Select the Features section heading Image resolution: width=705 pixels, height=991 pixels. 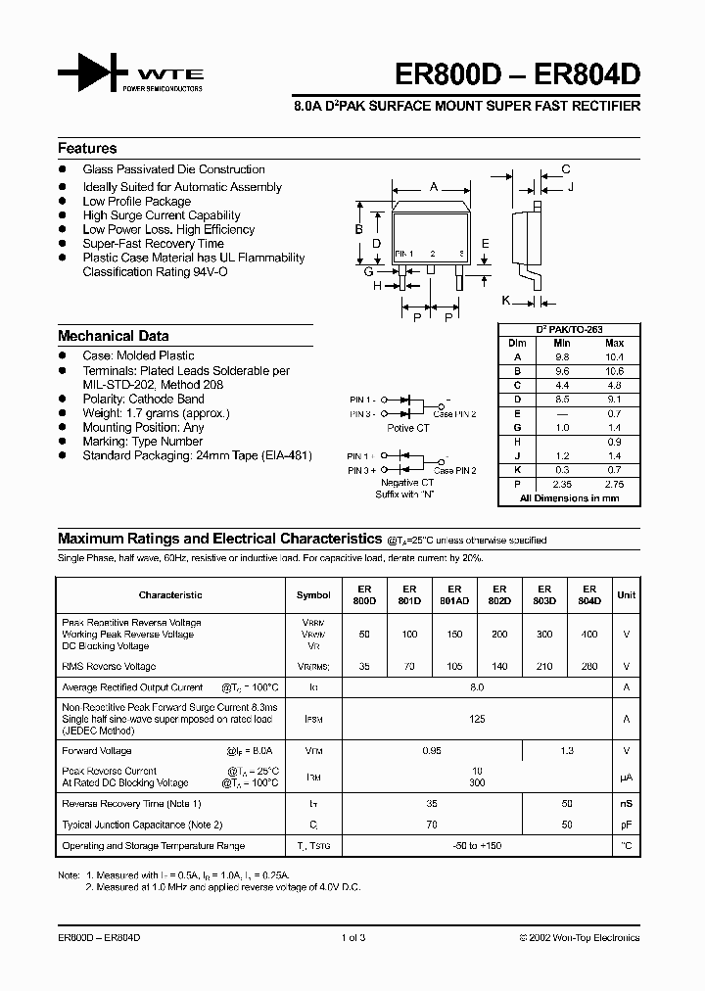click(x=87, y=149)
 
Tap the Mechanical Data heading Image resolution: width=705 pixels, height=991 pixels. click(x=113, y=335)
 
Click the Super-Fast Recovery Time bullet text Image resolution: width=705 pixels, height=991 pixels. click(x=153, y=244)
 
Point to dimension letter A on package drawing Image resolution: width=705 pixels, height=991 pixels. click(x=433, y=185)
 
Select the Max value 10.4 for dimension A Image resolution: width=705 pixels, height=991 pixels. click(x=614, y=357)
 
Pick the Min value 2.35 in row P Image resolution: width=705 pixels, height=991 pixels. click(x=561, y=484)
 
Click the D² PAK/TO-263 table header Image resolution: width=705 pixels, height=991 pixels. click(x=570, y=330)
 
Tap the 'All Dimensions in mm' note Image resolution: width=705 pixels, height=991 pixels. click(x=570, y=498)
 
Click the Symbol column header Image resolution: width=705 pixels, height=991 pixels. click(x=313, y=594)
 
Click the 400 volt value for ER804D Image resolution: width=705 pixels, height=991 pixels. click(x=589, y=634)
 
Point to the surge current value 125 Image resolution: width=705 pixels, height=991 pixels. click(x=477, y=719)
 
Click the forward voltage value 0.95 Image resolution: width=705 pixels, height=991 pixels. click(x=431, y=751)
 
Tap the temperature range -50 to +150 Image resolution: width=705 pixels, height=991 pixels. click(x=477, y=845)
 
